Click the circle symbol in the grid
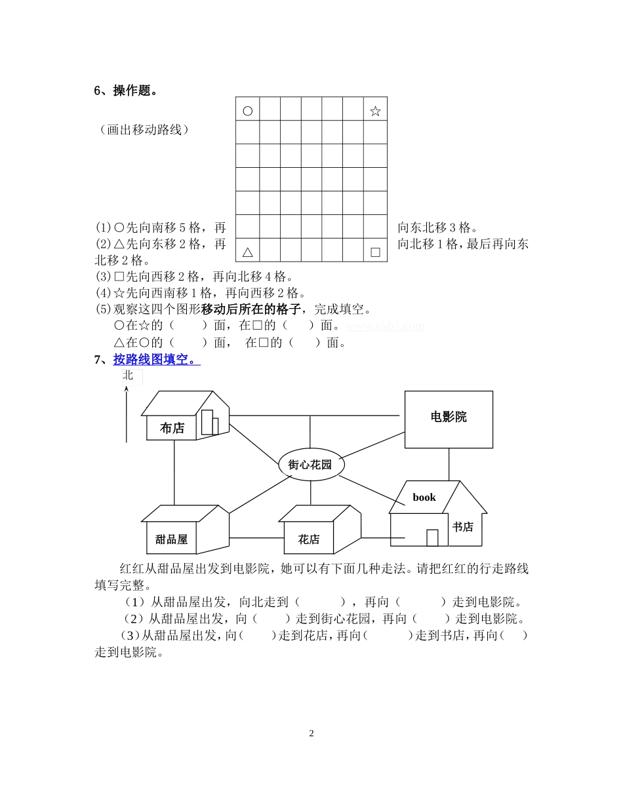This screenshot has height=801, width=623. tap(247, 111)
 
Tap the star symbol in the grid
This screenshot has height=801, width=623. tap(375, 111)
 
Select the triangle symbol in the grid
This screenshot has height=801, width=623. tap(247, 252)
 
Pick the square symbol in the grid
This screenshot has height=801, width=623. tap(375, 252)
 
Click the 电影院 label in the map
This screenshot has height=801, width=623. tap(449, 417)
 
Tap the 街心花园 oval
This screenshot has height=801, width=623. tap(310, 465)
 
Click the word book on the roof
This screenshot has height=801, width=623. tap(424, 498)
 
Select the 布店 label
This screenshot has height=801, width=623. tap(172, 428)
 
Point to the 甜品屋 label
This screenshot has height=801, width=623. tap(171, 539)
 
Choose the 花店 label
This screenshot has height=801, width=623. tap(308, 539)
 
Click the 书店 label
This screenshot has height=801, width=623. tap(462, 526)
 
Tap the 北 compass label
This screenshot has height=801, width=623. tap(128, 375)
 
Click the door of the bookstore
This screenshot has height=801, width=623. tap(432, 537)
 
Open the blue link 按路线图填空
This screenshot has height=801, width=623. tap(156, 359)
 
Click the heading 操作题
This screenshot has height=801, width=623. tap(135, 90)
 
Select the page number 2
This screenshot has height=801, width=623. tap(311, 733)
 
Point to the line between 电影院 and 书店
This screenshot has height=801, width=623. tap(449, 464)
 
